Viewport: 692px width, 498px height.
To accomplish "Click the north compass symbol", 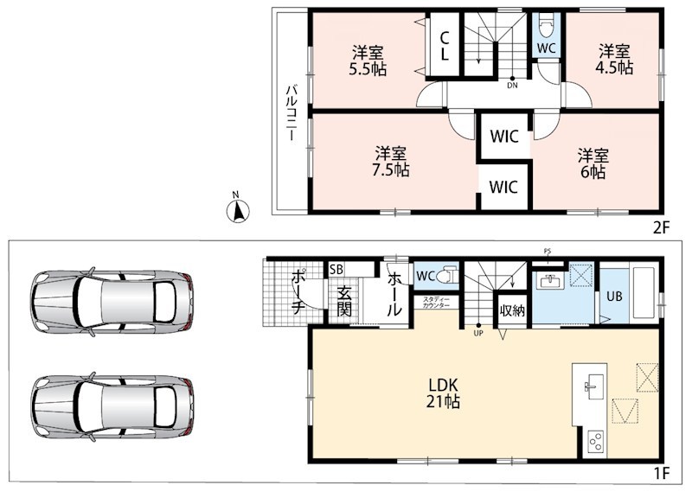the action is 238,210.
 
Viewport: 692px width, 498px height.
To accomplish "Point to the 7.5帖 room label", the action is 391,162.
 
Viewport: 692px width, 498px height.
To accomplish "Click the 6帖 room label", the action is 593,163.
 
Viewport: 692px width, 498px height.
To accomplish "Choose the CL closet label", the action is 445,46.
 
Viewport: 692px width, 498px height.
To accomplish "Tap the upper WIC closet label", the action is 504,137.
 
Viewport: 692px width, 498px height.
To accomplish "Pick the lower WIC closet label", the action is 503,187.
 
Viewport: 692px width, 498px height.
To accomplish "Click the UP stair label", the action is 478,334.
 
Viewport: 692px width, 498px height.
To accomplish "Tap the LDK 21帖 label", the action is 443,393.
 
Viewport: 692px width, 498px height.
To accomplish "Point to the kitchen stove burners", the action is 596,442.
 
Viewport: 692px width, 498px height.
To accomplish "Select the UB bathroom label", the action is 614,296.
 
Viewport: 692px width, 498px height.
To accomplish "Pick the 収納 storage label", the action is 512,310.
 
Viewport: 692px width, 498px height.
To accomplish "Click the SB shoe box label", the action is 336,270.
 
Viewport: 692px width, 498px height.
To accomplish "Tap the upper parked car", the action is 112,302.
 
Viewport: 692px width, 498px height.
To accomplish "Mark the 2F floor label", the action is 661,227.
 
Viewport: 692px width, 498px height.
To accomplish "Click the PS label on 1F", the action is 548,252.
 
